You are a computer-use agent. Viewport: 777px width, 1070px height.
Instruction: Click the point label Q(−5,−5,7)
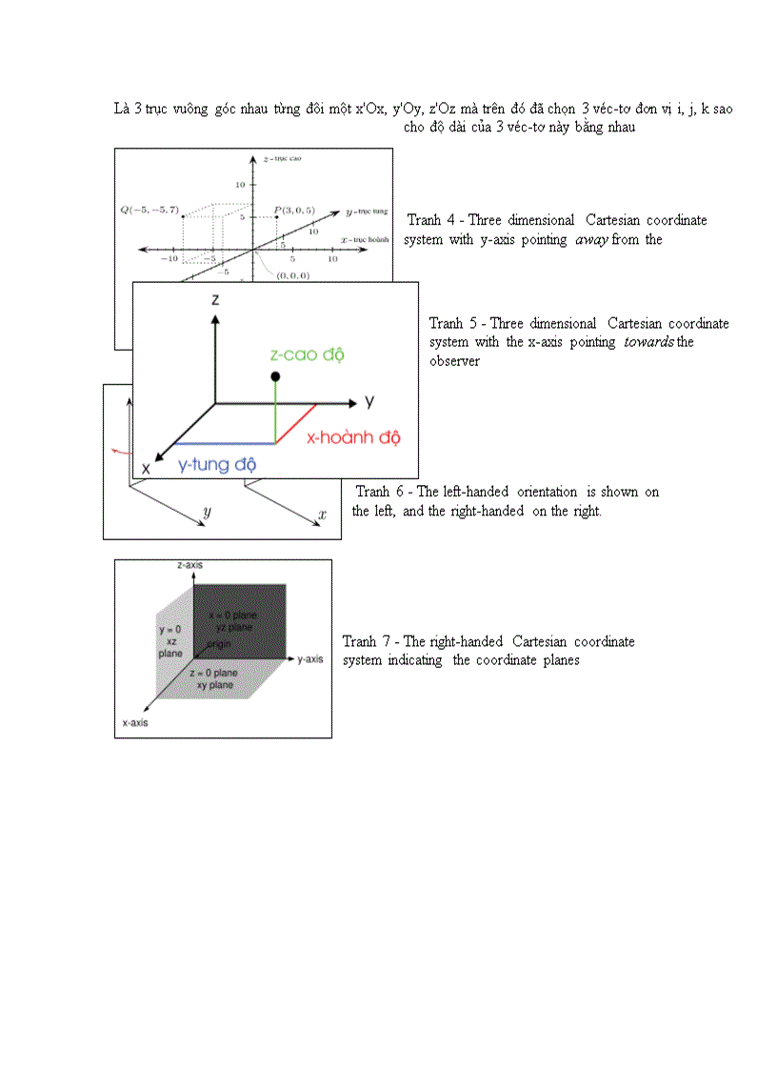(x=149, y=209)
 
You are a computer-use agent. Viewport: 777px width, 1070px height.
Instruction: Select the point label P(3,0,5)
(x=293, y=209)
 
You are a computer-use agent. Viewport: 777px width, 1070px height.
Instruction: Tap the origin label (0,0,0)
(x=293, y=274)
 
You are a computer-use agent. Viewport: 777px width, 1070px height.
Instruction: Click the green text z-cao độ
(x=307, y=354)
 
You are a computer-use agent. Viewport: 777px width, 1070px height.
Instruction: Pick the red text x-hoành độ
(x=353, y=438)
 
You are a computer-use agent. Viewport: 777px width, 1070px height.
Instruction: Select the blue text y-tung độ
(x=218, y=465)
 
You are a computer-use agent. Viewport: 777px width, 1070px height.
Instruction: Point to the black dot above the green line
(x=275, y=377)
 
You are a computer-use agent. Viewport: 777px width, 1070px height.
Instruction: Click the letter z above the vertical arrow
(x=216, y=299)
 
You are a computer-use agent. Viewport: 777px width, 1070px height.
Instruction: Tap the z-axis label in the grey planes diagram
(x=189, y=565)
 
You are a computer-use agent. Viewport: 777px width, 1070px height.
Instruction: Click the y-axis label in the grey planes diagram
(x=310, y=658)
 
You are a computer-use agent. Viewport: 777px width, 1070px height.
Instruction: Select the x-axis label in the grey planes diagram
(x=134, y=723)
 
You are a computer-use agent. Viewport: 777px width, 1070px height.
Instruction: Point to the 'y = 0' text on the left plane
(x=170, y=630)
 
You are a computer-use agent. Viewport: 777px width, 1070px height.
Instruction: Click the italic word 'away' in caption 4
(x=591, y=240)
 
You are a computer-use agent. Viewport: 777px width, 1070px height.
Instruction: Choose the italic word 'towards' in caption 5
(x=648, y=342)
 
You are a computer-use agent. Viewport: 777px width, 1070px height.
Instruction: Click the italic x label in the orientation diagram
(x=323, y=515)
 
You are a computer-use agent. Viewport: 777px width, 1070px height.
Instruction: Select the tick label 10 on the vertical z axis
(x=241, y=183)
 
